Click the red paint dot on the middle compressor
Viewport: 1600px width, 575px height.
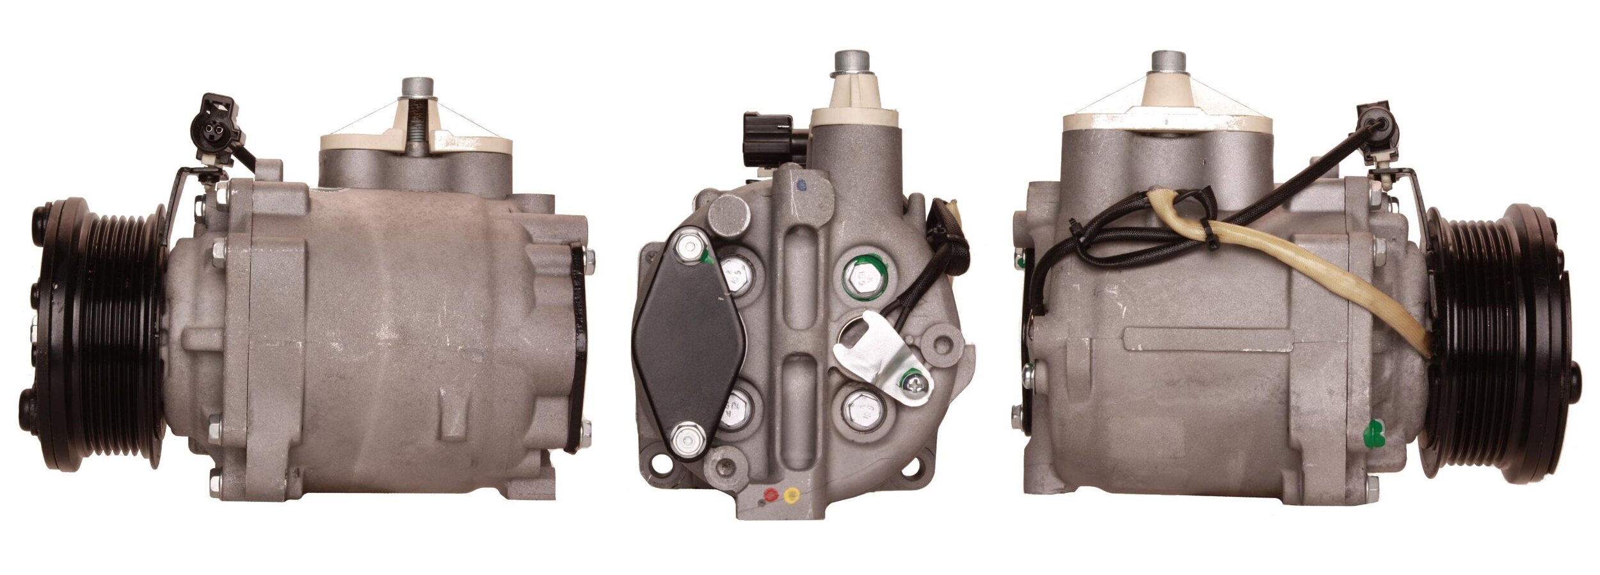771,494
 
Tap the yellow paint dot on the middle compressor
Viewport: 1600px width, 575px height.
791,494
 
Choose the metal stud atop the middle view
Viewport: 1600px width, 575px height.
852,65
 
